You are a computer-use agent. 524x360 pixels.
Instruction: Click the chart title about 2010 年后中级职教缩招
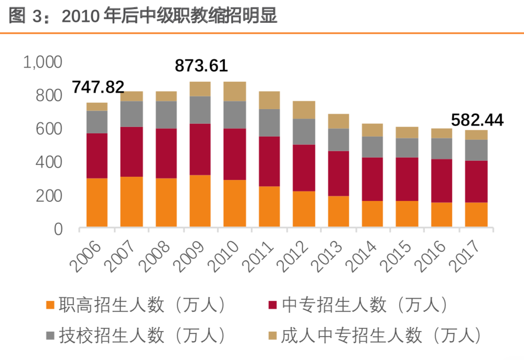tap(143, 16)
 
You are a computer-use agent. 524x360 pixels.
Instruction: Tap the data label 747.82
tap(98, 87)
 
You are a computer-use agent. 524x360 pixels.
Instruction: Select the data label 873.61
tap(201, 66)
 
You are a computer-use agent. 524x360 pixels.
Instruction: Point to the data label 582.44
tap(477, 120)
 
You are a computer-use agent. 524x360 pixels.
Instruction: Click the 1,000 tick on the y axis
tap(42, 62)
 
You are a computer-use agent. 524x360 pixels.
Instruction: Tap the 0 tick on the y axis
tap(58, 229)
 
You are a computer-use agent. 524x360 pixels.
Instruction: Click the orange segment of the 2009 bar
tap(200, 201)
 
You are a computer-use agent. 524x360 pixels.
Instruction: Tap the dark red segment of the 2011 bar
tap(269, 161)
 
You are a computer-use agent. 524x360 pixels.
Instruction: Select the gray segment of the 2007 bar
tap(131, 114)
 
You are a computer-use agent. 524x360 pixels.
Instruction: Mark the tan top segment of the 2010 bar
tap(235, 91)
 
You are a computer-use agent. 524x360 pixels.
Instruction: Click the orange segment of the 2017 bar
tap(476, 214)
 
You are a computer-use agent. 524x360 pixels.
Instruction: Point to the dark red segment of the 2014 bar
tap(372, 179)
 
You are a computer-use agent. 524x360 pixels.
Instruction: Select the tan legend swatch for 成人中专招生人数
tap(272, 336)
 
